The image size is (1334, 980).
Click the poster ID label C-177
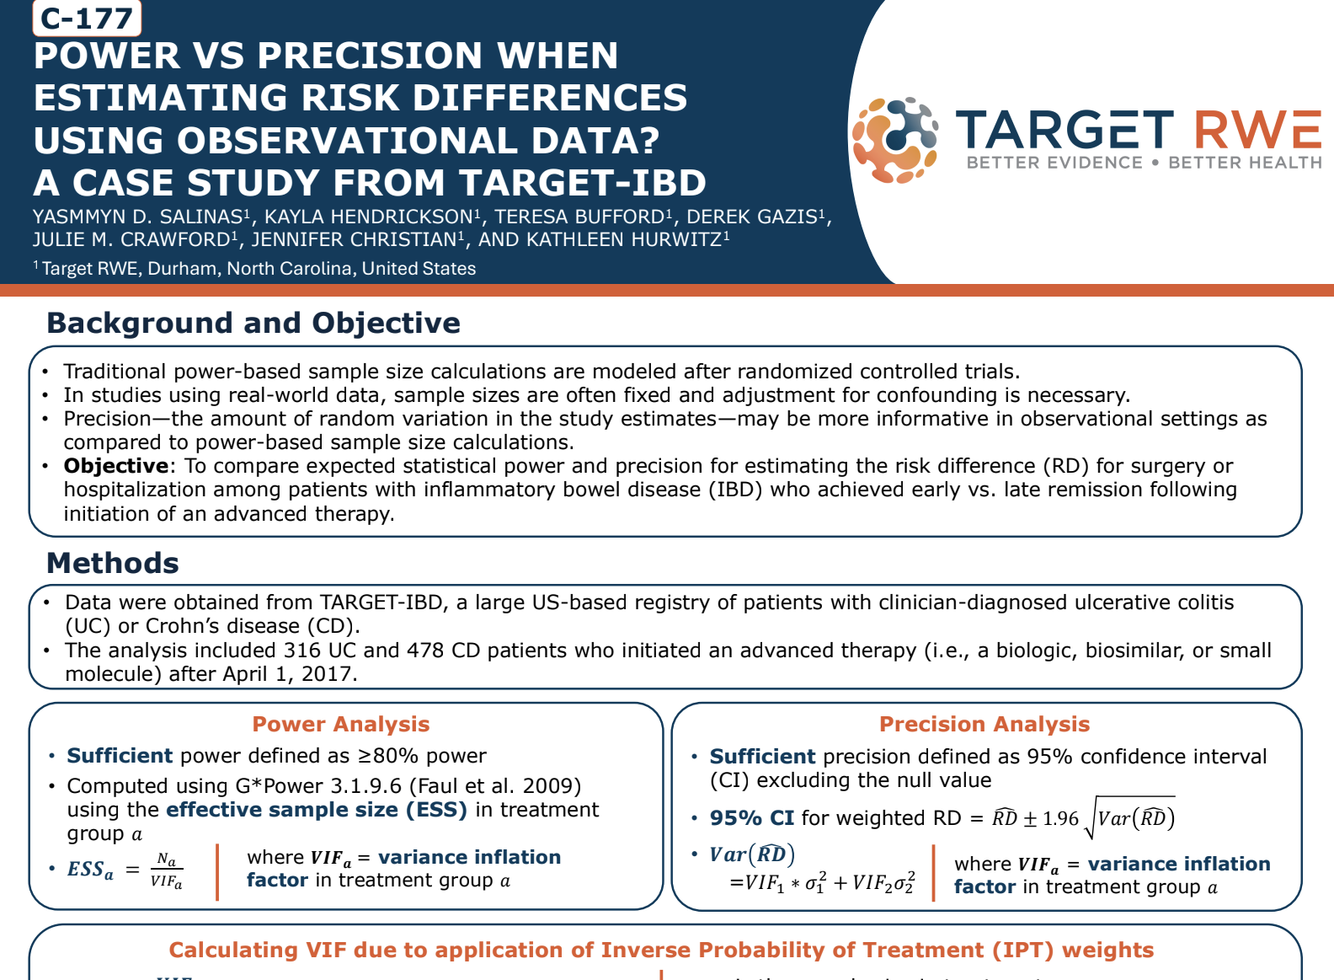tap(87, 18)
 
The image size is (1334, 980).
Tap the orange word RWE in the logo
tap(1257, 131)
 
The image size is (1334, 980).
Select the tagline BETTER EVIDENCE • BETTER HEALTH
tap(1144, 163)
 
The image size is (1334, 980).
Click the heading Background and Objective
tap(253, 323)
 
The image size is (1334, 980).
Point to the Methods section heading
tap(113, 563)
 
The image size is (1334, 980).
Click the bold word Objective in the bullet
tap(116, 466)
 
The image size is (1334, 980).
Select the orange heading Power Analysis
tap(341, 724)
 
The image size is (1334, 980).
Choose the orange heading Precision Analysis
tap(984, 724)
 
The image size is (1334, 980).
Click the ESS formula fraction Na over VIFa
tap(167, 870)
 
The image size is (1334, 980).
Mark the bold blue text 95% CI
tap(751, 818)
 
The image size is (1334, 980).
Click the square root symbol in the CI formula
tap(1090, 819)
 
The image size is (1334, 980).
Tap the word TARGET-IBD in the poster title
tap(583, 183)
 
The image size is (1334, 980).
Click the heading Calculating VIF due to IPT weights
tap(661, 950)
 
